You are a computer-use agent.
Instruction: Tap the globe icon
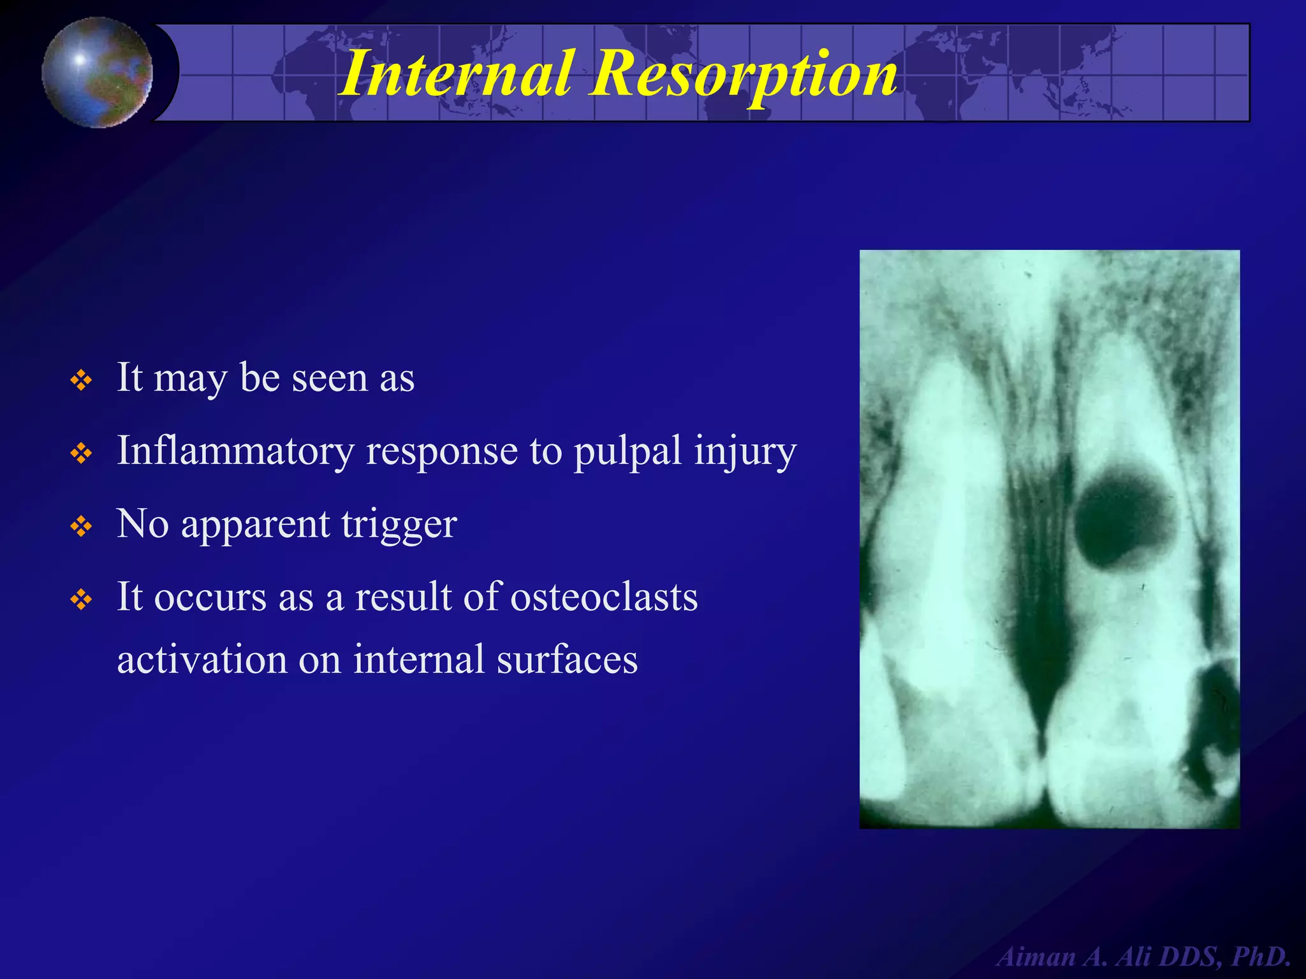coord(97,72)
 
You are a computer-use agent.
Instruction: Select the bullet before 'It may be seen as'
coord(82,381)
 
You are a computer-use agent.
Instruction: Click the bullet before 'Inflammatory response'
coord(82,454)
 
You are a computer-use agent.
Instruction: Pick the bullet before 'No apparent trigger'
coord(82,527)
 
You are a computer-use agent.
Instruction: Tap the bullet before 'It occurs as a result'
coord(82,600)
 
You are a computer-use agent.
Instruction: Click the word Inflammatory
coord(235,451)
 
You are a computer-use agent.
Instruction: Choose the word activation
coord(202,659)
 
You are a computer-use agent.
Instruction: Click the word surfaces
coord(567,659)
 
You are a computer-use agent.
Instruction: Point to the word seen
coord(329,379)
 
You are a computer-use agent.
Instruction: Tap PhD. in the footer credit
coord(1260,957)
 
